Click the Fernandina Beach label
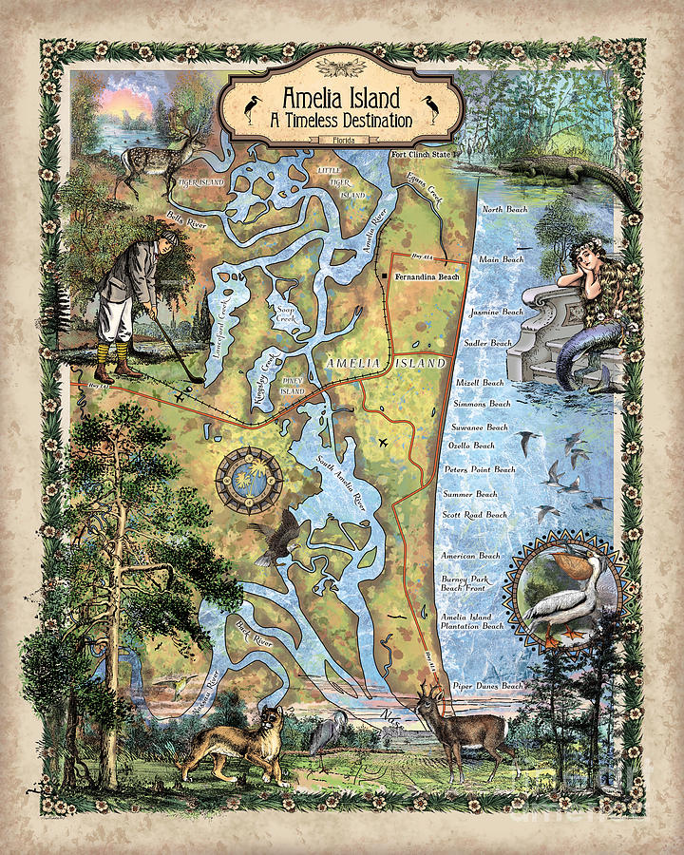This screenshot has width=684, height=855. click(x=427, y=276)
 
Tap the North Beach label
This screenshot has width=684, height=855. click(x=504, y=209)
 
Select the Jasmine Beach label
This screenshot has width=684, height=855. click(x=498, y=312)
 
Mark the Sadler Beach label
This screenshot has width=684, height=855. click(x=487, y=343)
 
